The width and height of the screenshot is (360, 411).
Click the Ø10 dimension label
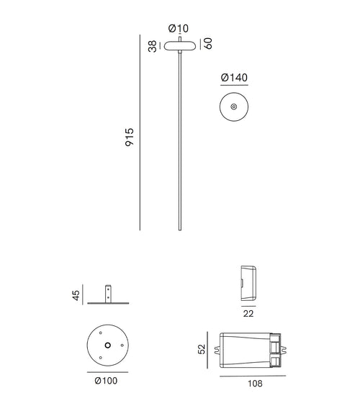click(179, 29)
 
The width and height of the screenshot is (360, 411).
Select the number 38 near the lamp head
click(153, 45)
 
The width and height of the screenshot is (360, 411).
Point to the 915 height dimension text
click(130, 137)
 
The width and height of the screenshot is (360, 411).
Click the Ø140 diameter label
click(235, 77)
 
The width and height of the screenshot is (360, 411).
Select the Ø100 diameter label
click(107, 381)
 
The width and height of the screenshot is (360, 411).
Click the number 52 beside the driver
click(202, 349)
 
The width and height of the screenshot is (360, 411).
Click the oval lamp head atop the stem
click(178, 45)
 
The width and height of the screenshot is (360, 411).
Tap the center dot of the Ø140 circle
click(234, 107)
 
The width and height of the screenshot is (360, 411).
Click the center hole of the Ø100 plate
click(107, 345)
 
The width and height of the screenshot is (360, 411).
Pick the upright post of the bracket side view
click(107, 294)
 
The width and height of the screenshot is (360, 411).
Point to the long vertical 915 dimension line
click(140, 133)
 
